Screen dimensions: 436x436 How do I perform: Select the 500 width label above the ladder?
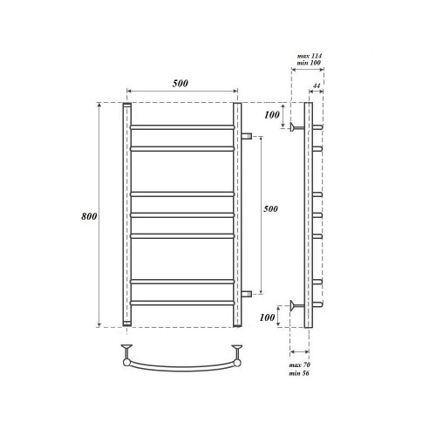[181, 83]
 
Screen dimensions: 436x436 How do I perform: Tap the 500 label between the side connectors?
[272, 209]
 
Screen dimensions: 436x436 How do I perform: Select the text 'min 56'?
[299, 373]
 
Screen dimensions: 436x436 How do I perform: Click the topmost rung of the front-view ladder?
[181, 127]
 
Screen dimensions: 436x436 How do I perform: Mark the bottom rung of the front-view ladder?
[181, 302]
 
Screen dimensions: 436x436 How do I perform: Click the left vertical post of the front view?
[126, 215]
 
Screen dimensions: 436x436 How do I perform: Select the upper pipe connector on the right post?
[246, 136]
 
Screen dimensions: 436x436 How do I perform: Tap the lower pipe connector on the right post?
[246, 293]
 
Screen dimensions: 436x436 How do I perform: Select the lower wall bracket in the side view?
[296, 305]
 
